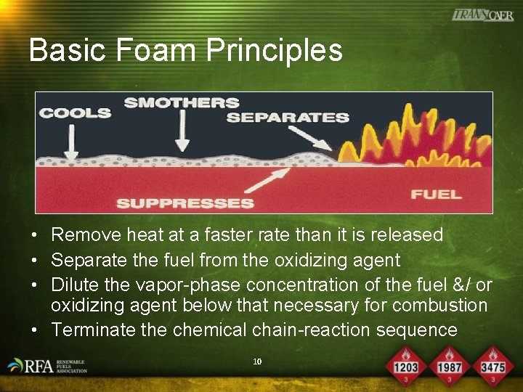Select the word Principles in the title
click(274, 51)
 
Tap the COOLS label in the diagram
click(75, 113)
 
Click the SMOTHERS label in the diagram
click(181, 102)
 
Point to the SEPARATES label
click(288, 117)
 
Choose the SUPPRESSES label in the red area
click(185, 203)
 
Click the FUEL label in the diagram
click(436, 194)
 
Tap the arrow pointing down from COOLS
click(71, 141)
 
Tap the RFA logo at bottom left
click(48, 366)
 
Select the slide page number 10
click(256, 361)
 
